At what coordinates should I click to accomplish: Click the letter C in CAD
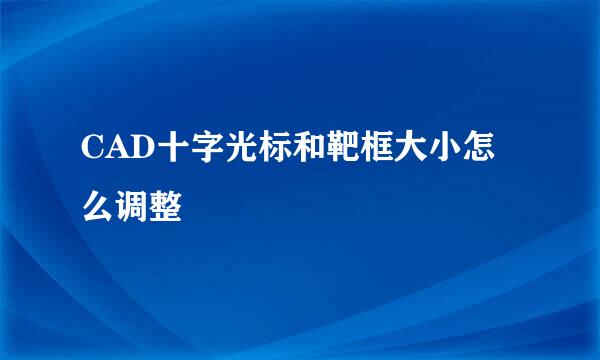[x=88, y=151]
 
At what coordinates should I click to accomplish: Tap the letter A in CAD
[x=109, y=151]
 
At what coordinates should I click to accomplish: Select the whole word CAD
[x=109, y=151]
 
